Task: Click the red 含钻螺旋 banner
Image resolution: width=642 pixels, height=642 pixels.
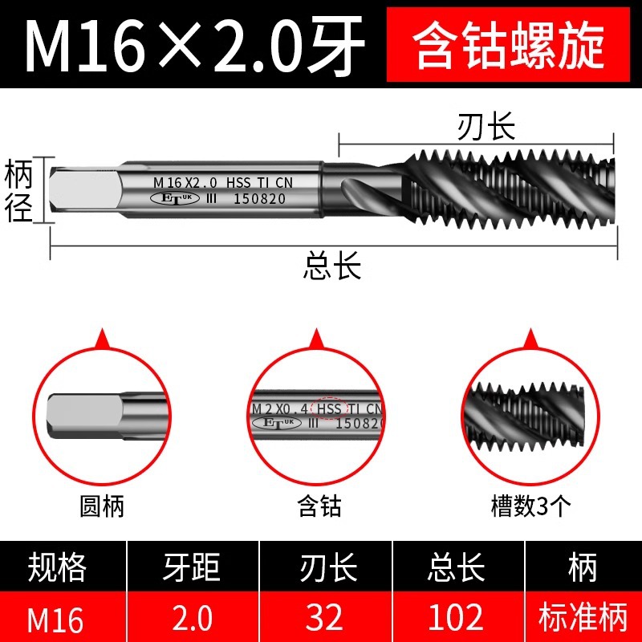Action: tap(508, 44)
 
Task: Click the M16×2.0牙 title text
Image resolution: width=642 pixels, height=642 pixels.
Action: tap(194, 45)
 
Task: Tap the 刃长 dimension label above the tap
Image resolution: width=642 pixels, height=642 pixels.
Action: tap(486, 127)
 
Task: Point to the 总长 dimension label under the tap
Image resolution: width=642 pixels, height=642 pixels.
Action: tap(332, 266)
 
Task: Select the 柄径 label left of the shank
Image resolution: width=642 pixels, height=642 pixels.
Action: tap(18, 190)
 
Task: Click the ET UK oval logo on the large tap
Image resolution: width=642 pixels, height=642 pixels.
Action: tap(175, 198)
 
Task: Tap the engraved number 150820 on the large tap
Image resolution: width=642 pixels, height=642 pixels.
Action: tap(259, 198)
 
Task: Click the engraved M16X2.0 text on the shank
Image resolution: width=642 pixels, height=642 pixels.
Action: tap(185, 183)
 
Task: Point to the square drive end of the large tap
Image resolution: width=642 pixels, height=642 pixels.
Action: tap(84, 190)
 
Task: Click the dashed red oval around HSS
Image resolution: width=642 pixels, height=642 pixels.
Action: tap(329, 408)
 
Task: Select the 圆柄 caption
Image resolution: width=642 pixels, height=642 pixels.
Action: tap(102, 506)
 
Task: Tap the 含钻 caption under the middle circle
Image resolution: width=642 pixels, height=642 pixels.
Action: tap(319, 506)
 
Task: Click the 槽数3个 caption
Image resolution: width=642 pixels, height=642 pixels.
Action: tap(531, 506)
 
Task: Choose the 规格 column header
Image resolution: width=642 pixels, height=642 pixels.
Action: tap(57, 567)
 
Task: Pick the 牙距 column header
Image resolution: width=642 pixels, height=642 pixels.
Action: tap(191, 567)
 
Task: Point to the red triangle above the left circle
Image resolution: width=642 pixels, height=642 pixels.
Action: tap(103, 338)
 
